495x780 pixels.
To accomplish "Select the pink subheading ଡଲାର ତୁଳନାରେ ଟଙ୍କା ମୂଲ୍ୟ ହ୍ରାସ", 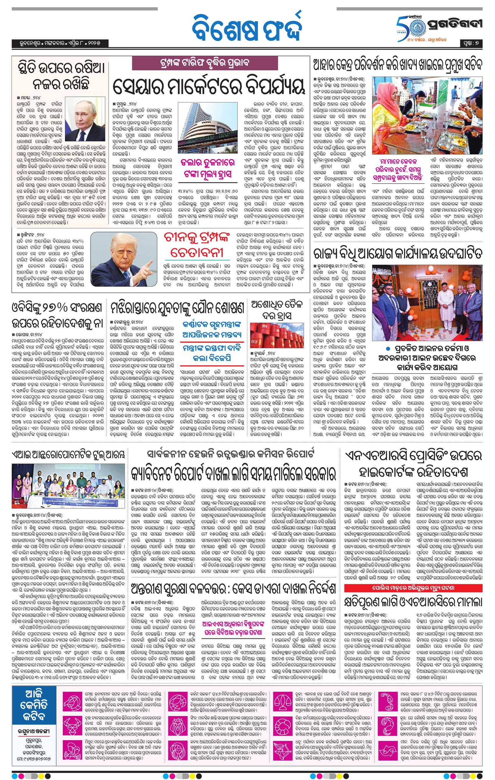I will point(208,168).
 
